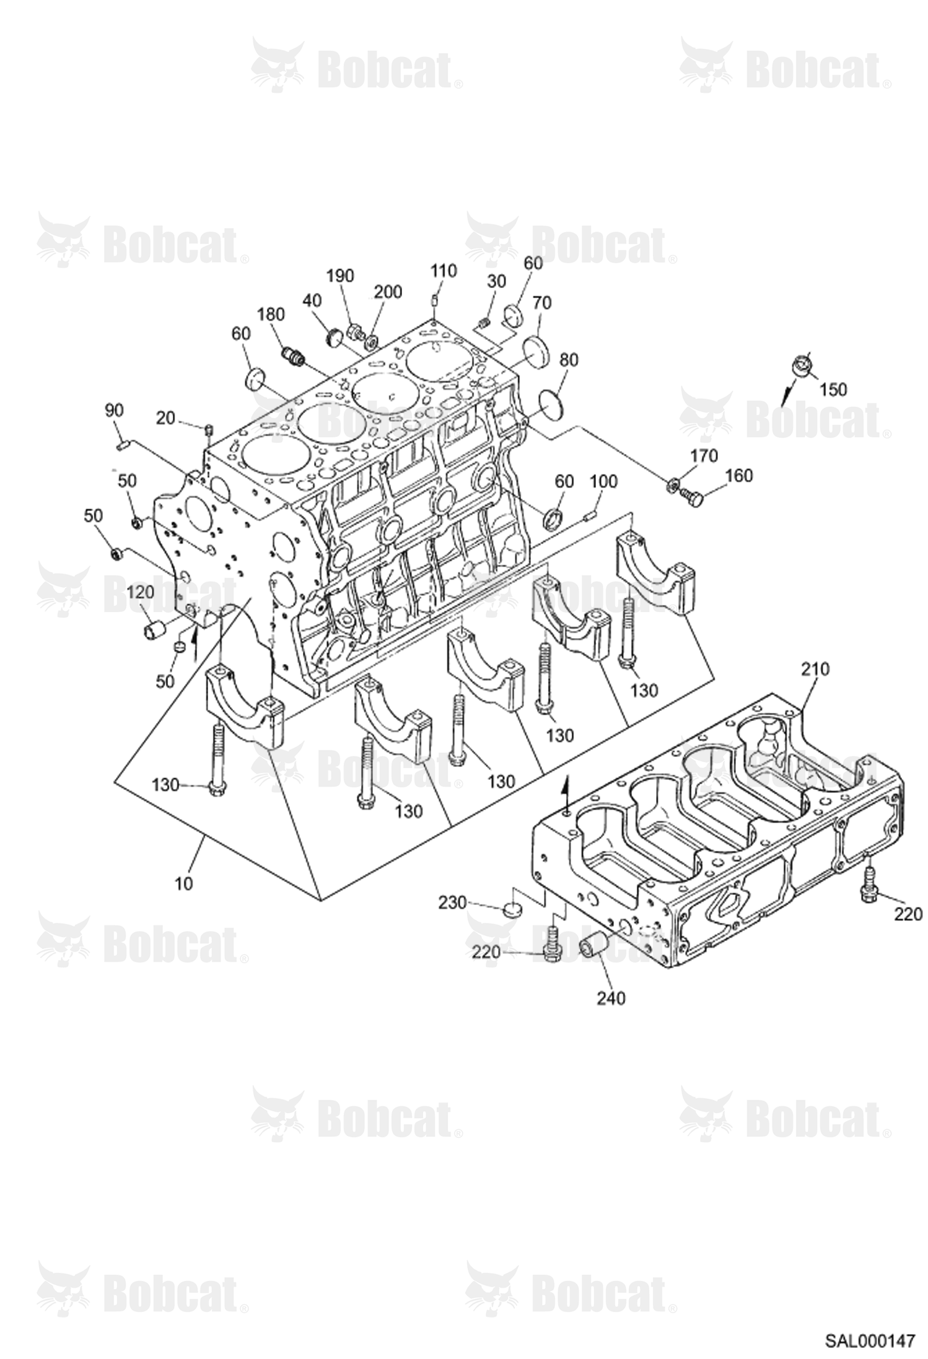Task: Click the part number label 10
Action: pyautogui.click(x=184, y=883)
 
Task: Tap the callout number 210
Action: pyautogui.click(x=815, y=670)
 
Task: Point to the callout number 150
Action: pyautogui.click(x=832, y=390)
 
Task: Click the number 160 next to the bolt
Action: pyautogui.click(x=738, y=476)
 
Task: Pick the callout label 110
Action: pyautogui.click(x=444, y=271)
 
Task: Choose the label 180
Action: pyautogui.click(x=271, y=314)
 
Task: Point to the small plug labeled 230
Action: pyautogui.click(x=512, y=909)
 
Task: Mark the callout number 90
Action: pyautogui.click(x=115, y=411)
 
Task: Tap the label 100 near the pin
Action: pyautogui.click(x=603, y=481)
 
